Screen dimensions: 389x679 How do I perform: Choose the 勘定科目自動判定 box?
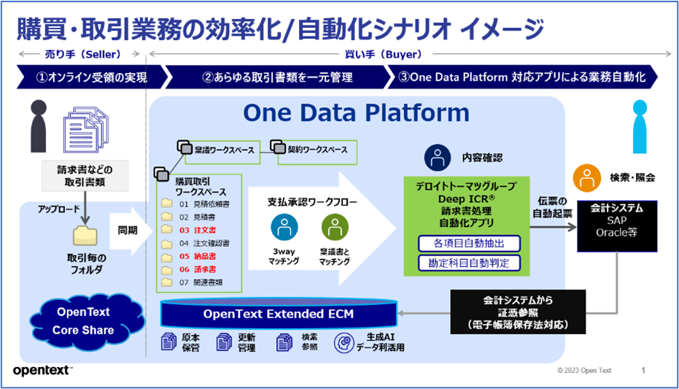(464, 262)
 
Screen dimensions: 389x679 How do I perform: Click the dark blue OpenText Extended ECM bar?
(279, 315)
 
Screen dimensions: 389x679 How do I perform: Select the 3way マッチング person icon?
(284, 228)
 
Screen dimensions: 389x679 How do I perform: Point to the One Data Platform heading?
(356, 112)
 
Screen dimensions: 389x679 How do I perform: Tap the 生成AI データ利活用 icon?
(343, 342)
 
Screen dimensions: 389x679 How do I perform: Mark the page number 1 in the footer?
(643, 371)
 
